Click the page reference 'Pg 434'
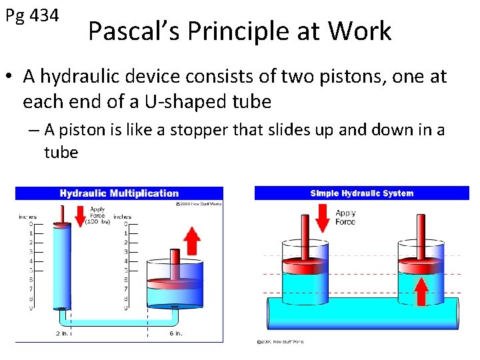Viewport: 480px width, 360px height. click(32, 15)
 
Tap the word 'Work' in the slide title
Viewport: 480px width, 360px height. click(361, 31)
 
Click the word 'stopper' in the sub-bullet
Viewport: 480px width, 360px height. click(198, 130)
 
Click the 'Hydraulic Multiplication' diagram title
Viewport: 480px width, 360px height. click(119, 193)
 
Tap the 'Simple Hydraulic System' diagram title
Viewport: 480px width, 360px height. click(361, 193)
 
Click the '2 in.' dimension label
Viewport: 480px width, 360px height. click(62, 333)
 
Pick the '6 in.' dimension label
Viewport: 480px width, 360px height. click(175, 333)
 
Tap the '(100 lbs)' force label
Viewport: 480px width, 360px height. click(97, 223)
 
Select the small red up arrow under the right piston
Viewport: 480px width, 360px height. click(421, 291)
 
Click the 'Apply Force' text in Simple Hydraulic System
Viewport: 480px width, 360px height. click(345, 217)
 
